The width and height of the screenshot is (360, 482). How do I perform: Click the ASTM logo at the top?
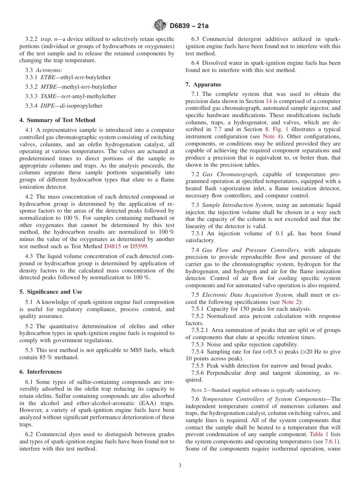coord(160,26)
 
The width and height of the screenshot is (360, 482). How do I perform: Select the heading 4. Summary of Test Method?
coord(57,120)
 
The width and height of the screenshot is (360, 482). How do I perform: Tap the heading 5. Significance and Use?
coord(50,292)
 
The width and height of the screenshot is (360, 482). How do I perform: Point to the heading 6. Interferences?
coord(41,372)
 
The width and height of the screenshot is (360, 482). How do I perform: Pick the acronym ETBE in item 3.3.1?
coord(48,77)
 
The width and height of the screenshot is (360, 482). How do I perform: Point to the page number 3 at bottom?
coord(180,466)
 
